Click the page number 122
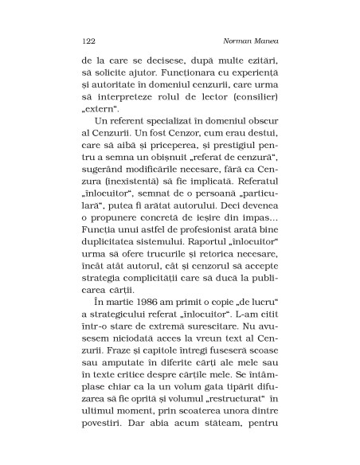coord(88,38)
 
